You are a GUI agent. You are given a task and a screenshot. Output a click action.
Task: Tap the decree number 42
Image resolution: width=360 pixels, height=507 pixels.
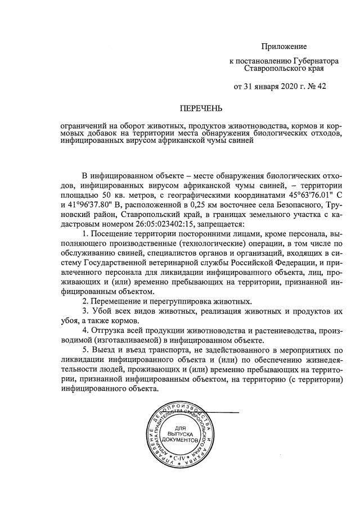coord(321,87)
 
